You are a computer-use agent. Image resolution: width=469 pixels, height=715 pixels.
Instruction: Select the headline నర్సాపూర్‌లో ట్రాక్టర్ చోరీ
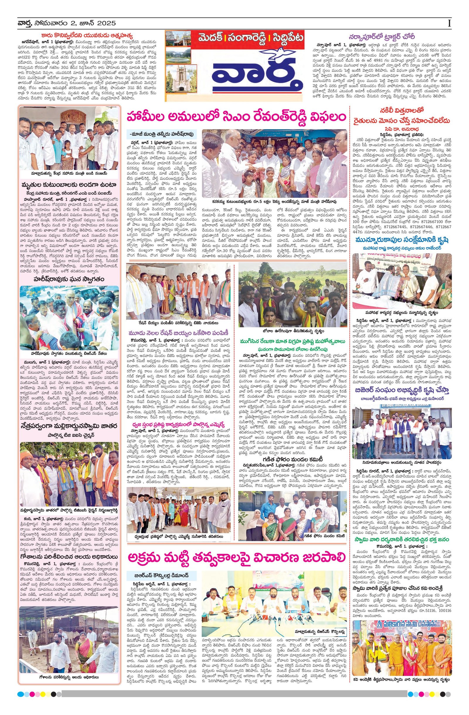[381, 37]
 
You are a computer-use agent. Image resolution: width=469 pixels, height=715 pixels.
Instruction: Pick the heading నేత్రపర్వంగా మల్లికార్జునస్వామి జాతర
[69, 425]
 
